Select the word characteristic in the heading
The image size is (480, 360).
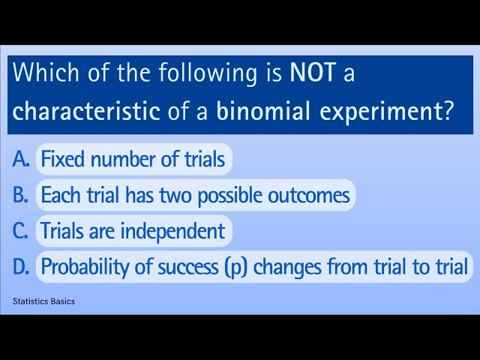coord(86,111)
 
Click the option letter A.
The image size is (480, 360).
coord(22,159)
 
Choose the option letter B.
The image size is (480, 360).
coord(22,195)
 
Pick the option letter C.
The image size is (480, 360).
coord(22,231)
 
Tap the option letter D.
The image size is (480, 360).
coord(22,266)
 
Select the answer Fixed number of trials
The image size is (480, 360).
coord(133,159)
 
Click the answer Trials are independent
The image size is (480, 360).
coord(133,231)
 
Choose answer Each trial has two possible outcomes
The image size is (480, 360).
coord(195,195)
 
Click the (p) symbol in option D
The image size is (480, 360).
coord(237,267)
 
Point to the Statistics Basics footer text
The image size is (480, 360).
coord(43,301)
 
